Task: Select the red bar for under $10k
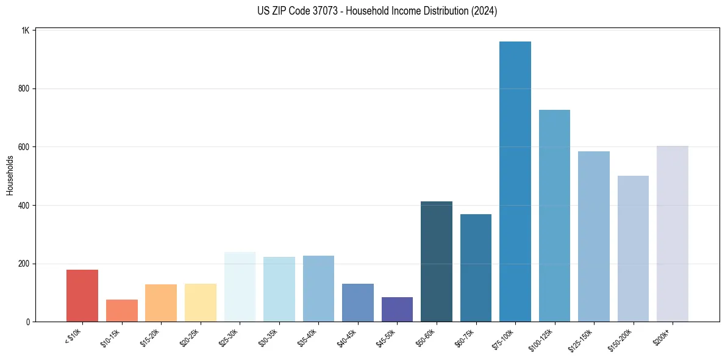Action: click(x=82, y=295)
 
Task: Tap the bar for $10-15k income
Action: click(x=121, y=311)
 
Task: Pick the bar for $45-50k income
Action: click(x=397, y=309)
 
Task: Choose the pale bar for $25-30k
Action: click(x=240, y=287)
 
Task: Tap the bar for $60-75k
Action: click(x=476, y=268)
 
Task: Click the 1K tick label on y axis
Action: click(x=26, y=31)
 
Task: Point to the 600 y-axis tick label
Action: click(x=24, y=147)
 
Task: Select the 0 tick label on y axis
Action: click(x=28, y=322)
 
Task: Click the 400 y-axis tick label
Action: click(x=24, y=206)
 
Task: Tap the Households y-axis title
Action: click(x=10, y=175)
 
